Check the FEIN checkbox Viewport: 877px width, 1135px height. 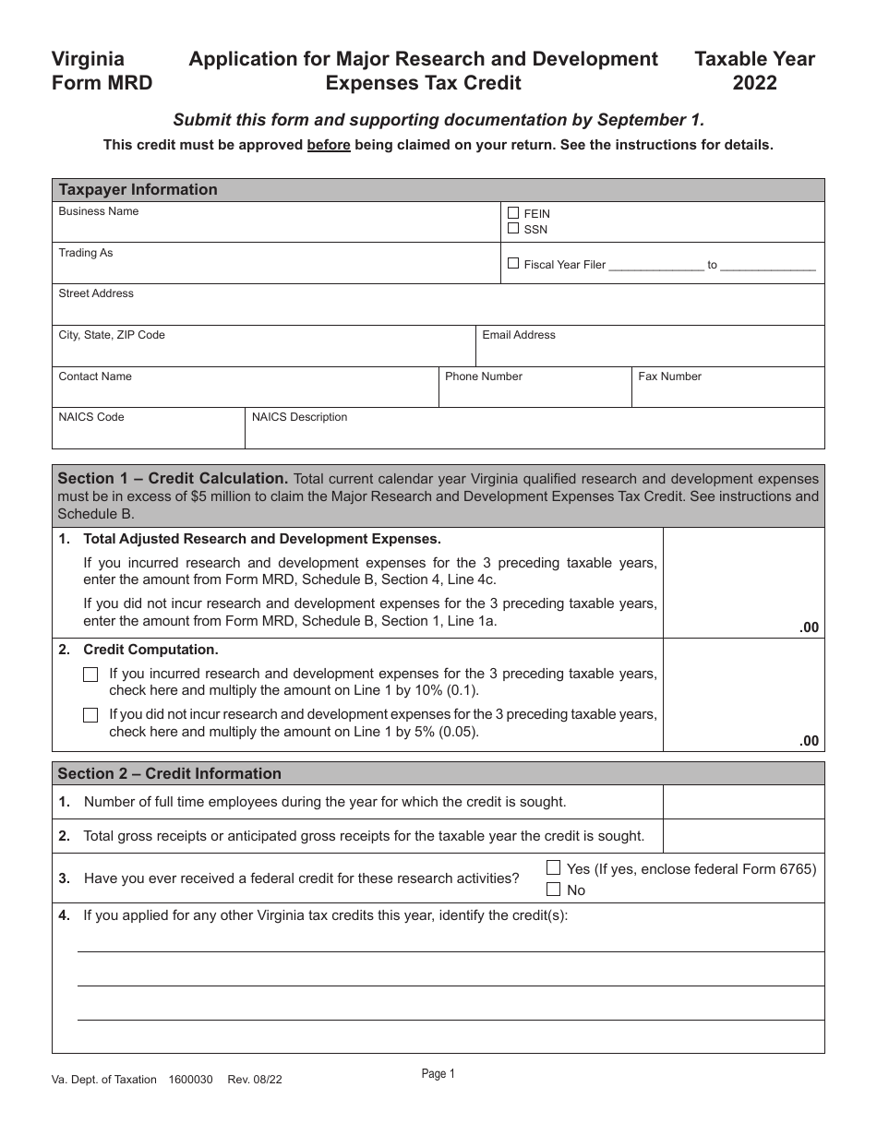click(x=513, y=213)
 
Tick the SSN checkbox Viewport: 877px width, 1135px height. click(x=513, y=228)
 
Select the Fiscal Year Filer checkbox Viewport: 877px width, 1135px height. click(x=513, y=263)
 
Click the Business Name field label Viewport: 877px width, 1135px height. click(x=99, y=211)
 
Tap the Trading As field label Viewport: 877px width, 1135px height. click(x=86, y=253)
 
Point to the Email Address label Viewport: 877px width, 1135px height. click(x=519, y=335)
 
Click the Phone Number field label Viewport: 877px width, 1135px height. click(x=484, y=376)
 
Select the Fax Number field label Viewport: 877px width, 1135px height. click(x=670, y=376)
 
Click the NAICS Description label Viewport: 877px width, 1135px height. click(x=300, y=417)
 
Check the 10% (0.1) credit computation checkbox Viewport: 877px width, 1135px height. click(x=90, y=675)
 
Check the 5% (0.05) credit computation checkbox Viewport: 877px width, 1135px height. click(x=90, y=715)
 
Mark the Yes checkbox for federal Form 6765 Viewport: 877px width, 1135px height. click(x=554, y=867)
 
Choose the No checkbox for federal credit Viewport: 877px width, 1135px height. click(x=554, y=890)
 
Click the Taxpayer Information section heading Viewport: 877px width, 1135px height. click(x=138, y=190)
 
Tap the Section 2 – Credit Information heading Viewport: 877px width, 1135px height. click(x=170, y=773)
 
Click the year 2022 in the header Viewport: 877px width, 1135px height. click(x=754, y=83)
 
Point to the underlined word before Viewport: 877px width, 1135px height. click(x=329, y=145)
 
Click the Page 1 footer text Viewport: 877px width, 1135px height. click(x=438, y=1073)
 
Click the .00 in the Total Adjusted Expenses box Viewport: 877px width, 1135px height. click(x=809, y=627)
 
